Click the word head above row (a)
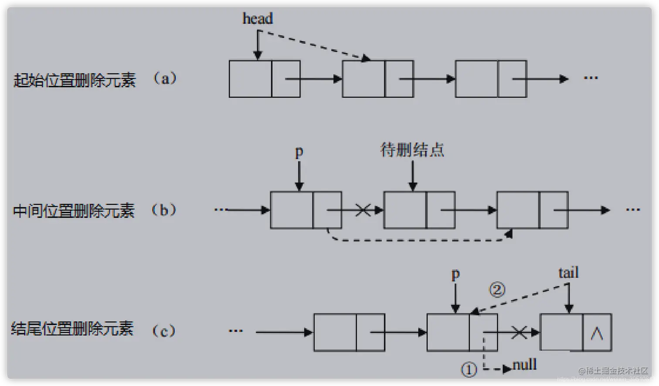257,19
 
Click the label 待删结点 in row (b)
412,150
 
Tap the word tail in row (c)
568,273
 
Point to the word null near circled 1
525,365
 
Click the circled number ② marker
497,290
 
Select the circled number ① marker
469,370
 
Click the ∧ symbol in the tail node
597,333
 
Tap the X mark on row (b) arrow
363,210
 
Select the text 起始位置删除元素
75,80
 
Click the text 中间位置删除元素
74,211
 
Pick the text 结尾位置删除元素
72,328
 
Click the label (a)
165,78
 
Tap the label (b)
164,210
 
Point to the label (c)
164,331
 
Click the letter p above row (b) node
299,152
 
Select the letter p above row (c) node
455,274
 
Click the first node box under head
264,79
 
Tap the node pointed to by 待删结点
419,210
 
